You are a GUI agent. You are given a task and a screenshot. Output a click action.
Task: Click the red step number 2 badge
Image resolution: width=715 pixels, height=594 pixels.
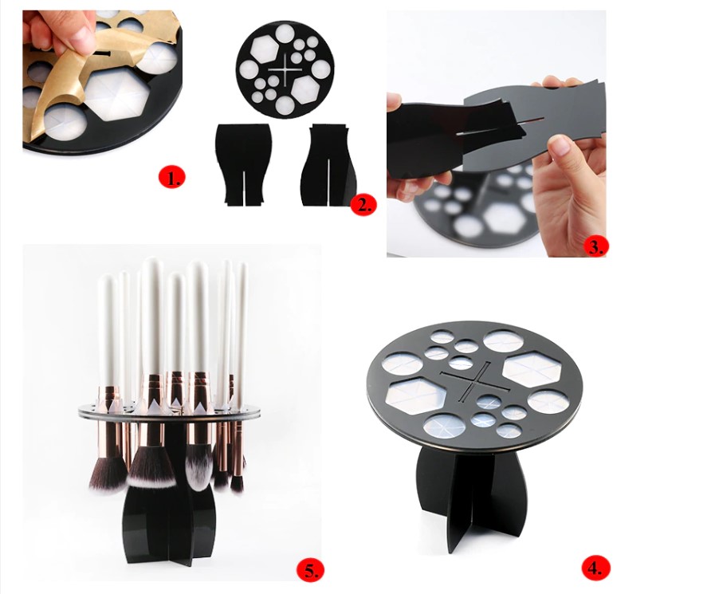pyautogui.click(x=363, y=205)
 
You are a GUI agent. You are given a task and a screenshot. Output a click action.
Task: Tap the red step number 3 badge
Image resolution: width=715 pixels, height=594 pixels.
pyautogui.click(x=594, y=245)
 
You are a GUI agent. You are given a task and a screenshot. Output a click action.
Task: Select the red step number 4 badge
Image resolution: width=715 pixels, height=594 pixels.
pyautogui.click(x=594, y=568)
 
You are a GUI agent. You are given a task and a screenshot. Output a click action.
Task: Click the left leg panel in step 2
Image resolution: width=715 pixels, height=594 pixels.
pyautogui.click(x=242, y=163)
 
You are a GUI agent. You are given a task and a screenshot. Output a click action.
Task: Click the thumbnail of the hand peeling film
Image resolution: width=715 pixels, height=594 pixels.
pyautogui.click(x=102, y=80)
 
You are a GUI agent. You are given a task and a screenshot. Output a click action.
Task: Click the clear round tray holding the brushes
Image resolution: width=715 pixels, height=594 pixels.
pyautogui.click(x=171, y=410)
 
